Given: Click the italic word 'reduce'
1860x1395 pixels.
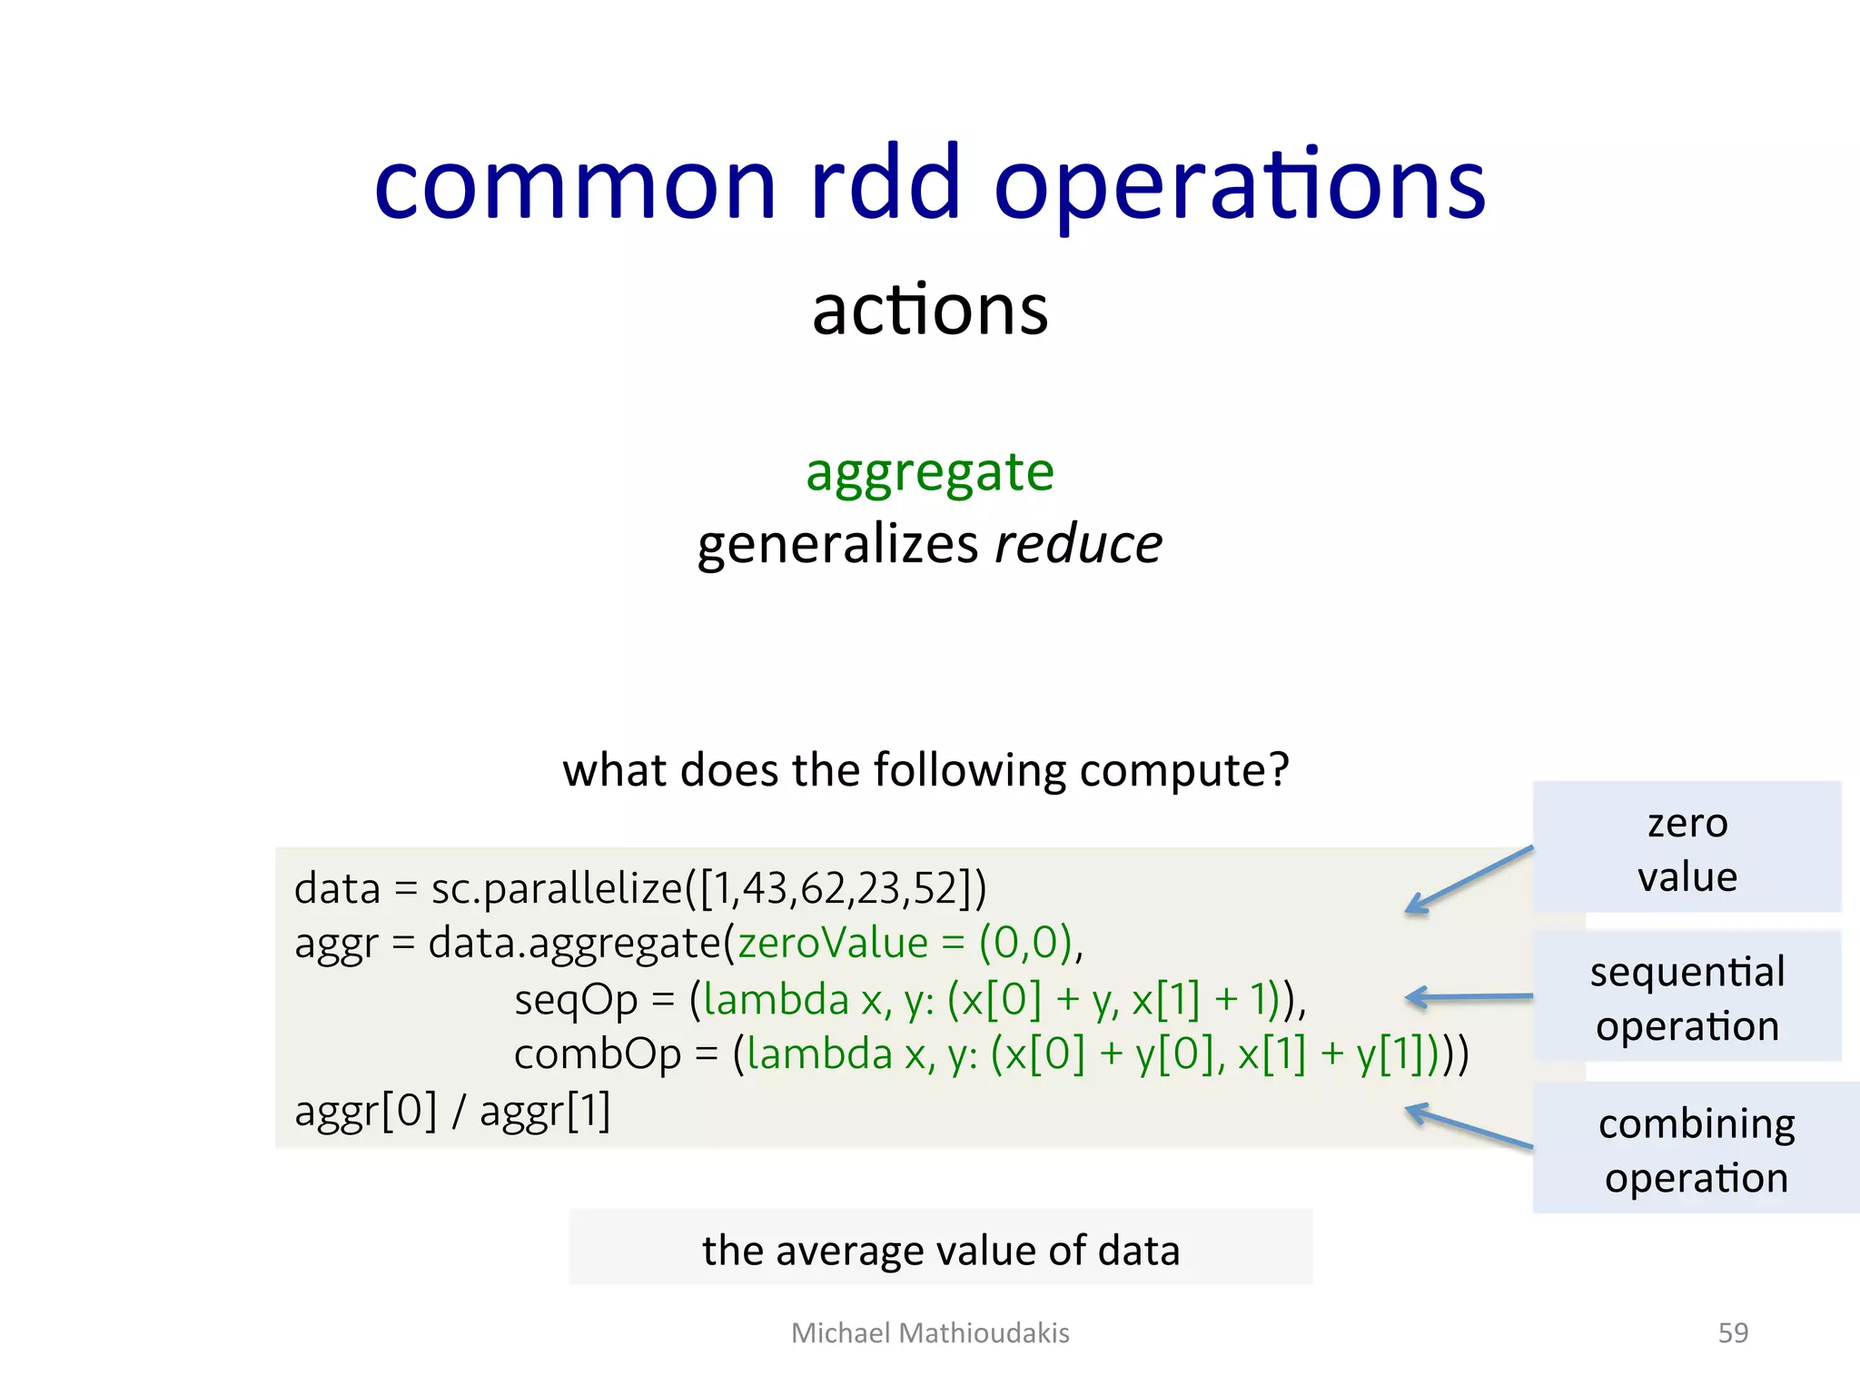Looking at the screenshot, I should pos(1078,545).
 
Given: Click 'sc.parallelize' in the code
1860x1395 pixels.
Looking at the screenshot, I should pos(556,889).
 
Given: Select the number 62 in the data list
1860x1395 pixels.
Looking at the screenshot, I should pos(822,889).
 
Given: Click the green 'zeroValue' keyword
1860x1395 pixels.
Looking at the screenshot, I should pos(832,943).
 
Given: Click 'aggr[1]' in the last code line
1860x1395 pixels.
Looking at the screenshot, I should pos(545,1111).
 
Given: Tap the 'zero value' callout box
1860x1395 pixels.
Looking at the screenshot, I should pos(1687,847).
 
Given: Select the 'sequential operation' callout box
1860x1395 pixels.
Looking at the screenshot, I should pos(1687,997).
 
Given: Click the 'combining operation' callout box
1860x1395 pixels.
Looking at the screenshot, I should pos(1695,1148).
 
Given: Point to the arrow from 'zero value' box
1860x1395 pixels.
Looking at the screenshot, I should pos(1469,879).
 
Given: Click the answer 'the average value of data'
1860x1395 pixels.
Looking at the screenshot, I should pos(941,1250).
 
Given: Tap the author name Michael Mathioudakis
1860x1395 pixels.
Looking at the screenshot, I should pos(930,1332).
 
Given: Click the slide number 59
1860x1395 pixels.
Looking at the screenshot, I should pos(1733,1332).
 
